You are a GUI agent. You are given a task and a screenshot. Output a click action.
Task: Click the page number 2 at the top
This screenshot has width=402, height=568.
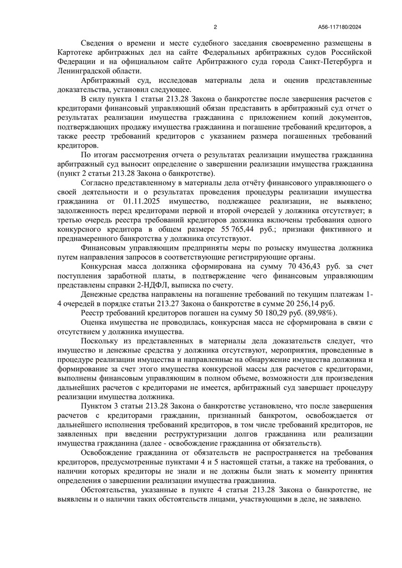tap(215, 27)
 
